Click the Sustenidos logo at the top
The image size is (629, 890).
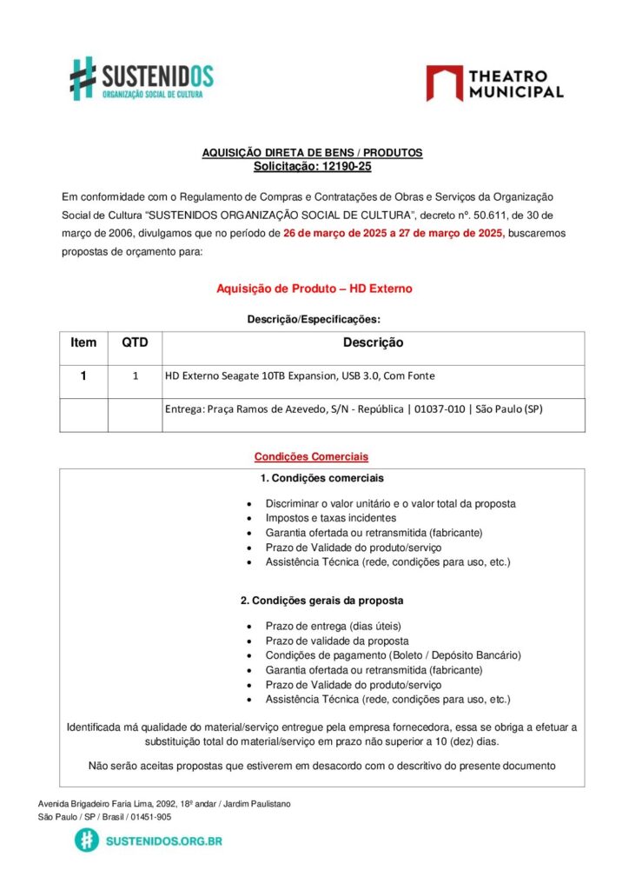click(x=142, y=78)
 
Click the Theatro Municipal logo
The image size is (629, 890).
click(x=494, y=83)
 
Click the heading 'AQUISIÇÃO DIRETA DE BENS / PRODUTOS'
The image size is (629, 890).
click(x=312, y=153)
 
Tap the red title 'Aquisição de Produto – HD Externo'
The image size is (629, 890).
click(x=314, y=289)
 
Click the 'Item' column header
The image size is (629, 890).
click(x=83, y=343)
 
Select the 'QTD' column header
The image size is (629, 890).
click(x=135, y=343)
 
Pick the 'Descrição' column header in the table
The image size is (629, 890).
click(x=373, y=343)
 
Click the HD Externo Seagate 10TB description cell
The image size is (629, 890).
click(x=300, y=376)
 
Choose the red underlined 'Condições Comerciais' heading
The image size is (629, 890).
click(x=311, y=456)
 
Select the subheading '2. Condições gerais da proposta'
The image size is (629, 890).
click(x=321, y=601)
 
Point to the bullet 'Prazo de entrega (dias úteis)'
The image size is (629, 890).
click(x=334, y=626)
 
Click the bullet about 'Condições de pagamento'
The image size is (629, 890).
click(x=393, y=655)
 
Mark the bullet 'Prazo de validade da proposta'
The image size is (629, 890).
click(x=338, y=641)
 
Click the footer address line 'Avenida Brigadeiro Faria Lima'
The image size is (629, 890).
click(x=164, y=804)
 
